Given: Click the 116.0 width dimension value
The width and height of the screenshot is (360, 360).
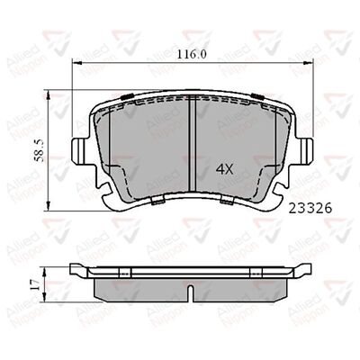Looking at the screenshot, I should (x=191, y=54).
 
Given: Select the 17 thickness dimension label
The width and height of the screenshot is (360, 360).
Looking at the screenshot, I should (x=35, y=284).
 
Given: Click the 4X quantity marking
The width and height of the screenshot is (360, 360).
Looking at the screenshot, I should (x=224, y=168).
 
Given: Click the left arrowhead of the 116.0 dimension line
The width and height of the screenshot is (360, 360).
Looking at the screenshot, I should (x=75, y=63).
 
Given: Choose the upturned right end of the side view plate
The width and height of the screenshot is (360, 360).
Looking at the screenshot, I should (x=306, y=268).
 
